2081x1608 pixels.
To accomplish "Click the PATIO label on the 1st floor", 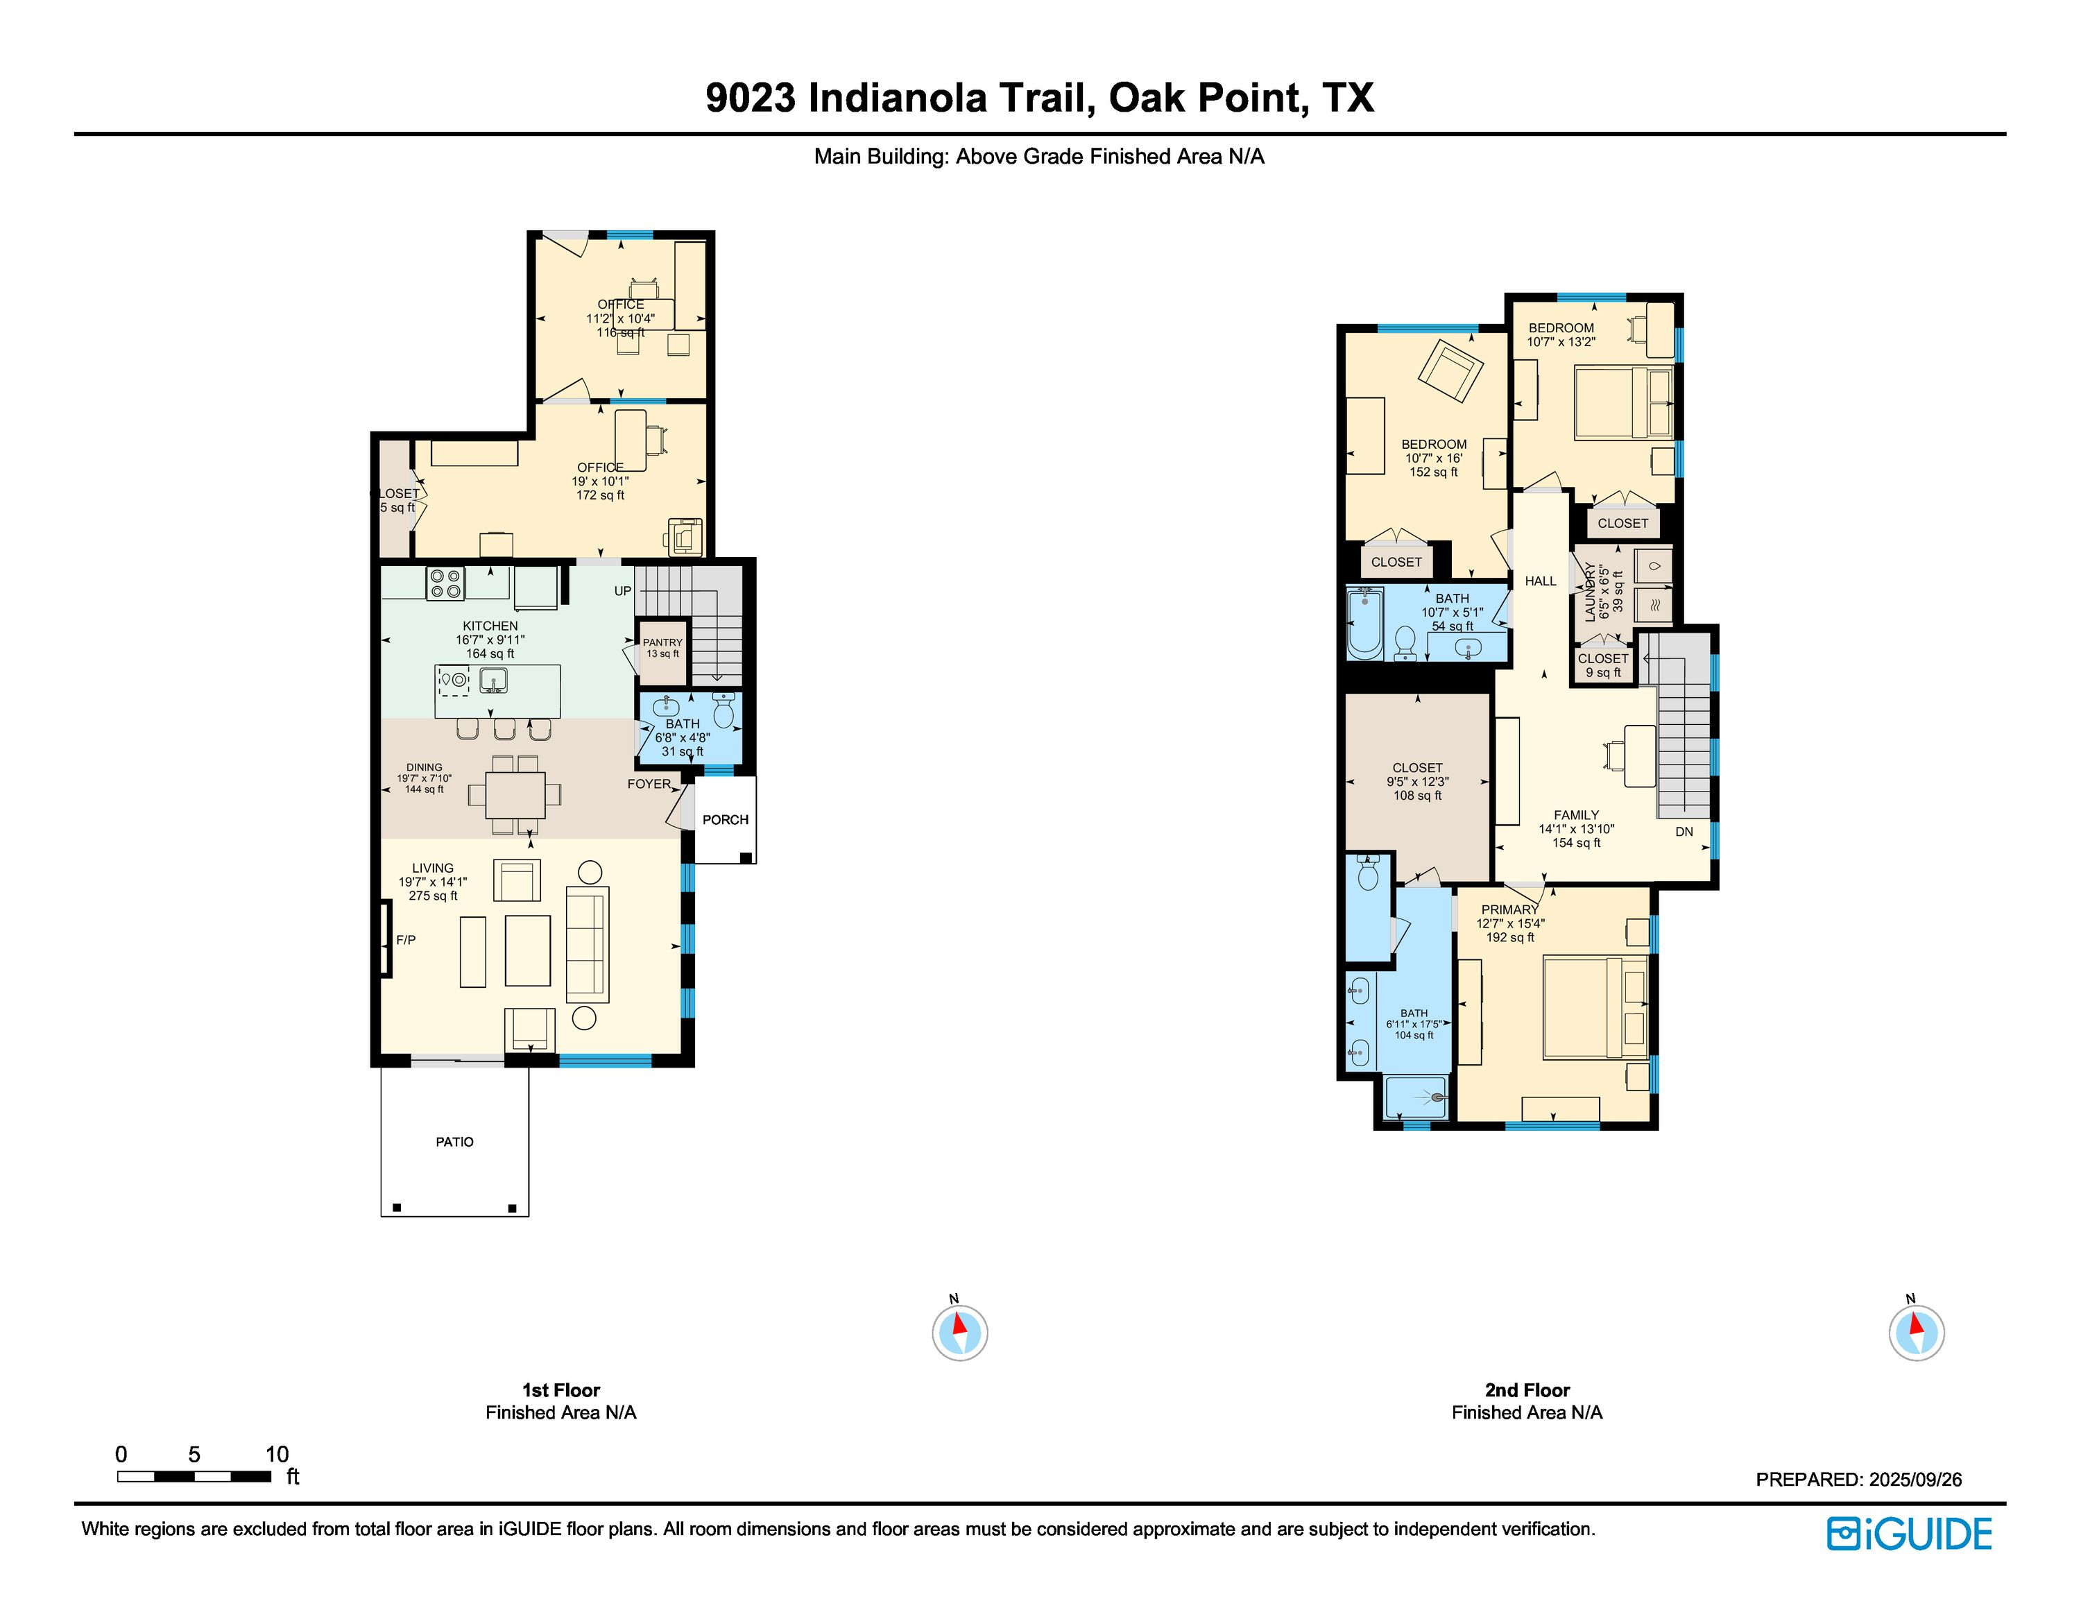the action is [x=454, y=1141].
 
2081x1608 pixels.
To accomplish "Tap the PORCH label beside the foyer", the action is [x=725, y=819].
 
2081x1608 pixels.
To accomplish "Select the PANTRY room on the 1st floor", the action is [x=662, y=651].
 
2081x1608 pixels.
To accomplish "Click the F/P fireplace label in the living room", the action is [x=406, y=939].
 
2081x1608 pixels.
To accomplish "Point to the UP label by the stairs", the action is [x=622, y=590].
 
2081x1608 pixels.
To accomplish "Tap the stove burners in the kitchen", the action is [x=445, y=583].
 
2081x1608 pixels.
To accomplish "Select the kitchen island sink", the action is [x=494, y=680].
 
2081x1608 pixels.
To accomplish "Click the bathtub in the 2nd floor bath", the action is [x=1365, y=623].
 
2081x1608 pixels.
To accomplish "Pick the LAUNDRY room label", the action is [x=1589, y=592].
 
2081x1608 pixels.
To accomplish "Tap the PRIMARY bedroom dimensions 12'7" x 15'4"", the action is [x=1510, y=923].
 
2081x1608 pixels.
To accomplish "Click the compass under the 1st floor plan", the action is [x=959, y=1332].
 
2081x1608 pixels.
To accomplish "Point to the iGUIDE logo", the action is [x=1908, y=1534].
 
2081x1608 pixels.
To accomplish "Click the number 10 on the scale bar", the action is [x=276, y=1454].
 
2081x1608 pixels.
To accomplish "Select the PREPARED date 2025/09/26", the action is [x=1915, y=1480].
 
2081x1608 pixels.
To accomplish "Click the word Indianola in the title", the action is [x=898, y=98].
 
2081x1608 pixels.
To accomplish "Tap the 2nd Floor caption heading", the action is [x=1527, y=1390].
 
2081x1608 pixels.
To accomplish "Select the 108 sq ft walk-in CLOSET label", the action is [x=1417, y=781].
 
